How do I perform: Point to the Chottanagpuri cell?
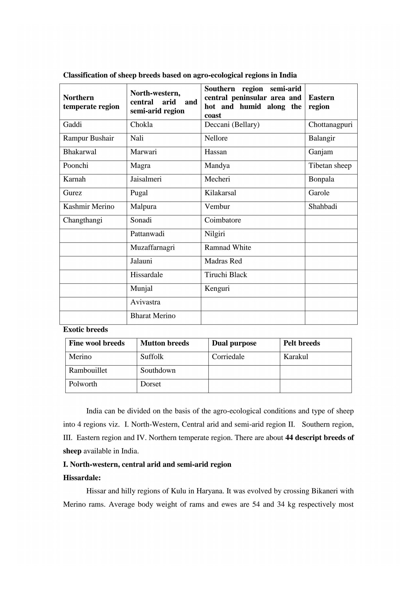click(330, 125)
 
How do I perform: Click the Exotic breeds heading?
click(85, 329)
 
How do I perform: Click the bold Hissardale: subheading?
click(82, 478)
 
